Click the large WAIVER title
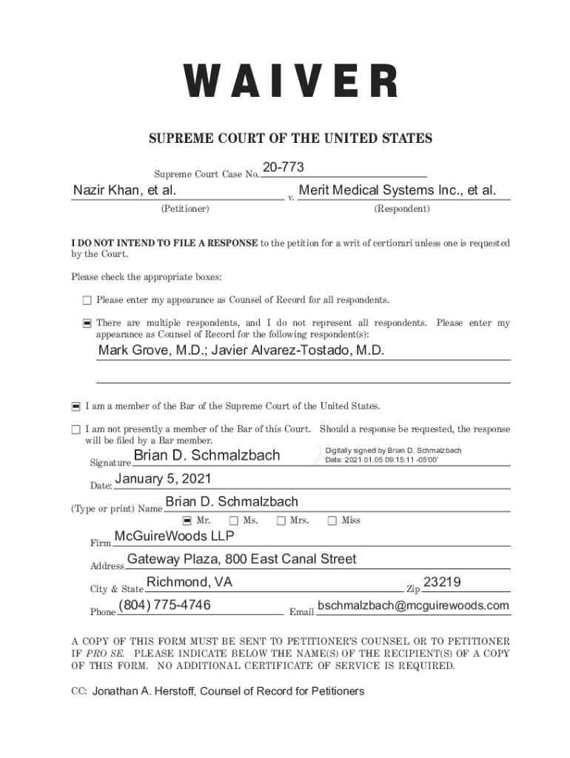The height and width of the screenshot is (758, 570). point(290,81)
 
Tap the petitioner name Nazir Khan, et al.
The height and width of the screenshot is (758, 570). point(124,191)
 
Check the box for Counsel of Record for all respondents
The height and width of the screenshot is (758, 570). point(87,300)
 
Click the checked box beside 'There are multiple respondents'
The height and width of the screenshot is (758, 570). point(87,323)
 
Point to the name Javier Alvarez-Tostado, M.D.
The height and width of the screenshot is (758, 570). point(298,350)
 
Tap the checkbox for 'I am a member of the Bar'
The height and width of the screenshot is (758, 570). point(76,406)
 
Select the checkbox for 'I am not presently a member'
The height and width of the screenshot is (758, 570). point(76,429)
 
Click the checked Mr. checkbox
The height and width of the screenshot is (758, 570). point(187,520)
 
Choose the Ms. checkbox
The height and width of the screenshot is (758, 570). point(234,520)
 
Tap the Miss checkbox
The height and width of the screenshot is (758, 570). point(332,520)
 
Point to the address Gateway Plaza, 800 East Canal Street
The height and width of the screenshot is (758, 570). point(241,559)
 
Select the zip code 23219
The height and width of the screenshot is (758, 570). point(442,583)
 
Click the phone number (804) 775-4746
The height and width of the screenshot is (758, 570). point(164,606)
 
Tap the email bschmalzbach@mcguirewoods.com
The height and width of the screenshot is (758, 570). point(413,606)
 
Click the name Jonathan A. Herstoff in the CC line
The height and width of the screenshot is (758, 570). point(144,691)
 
